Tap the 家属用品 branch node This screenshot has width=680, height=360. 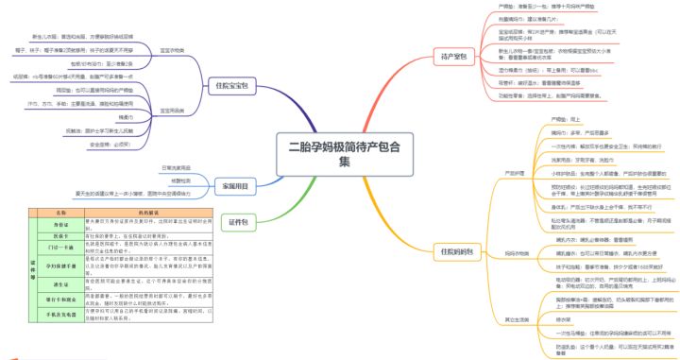pyautogui.click(x=233, y=187)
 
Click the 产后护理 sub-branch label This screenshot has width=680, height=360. pyautogui.click(x=516, y=173)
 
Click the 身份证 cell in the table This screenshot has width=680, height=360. pyautogui.click(x=61, y=225)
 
